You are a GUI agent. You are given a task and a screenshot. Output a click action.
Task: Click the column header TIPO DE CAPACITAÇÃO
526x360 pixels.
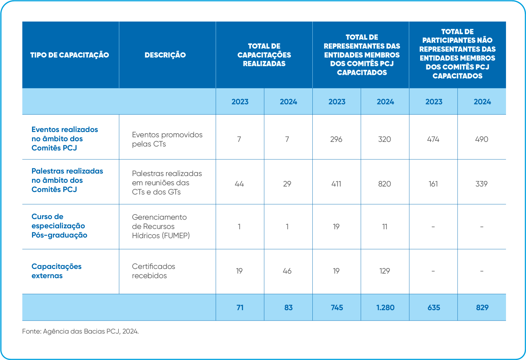[70, 55]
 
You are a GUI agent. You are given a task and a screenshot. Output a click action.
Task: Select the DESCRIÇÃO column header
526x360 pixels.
[165, 55]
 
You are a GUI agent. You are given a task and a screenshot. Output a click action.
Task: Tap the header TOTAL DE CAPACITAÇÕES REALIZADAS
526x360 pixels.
[264, 55]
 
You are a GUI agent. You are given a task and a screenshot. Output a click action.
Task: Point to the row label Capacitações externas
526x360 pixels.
[56, 271]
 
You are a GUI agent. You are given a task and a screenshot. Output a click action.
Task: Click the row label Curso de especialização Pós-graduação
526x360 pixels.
[59, 226]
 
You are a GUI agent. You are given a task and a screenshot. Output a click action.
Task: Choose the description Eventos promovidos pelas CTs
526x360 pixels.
[167, 139]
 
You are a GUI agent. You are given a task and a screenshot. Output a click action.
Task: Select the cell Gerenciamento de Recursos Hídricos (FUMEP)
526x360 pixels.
[161, 226]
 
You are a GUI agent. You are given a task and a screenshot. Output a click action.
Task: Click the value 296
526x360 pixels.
[336, 139]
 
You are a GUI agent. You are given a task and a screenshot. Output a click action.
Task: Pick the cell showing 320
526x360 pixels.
[384, 139]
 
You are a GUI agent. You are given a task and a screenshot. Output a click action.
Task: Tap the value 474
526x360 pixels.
[433, 139]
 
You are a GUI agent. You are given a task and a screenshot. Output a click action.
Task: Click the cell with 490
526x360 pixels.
[481, 139]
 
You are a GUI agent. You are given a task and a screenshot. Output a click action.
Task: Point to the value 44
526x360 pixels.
[239, 184]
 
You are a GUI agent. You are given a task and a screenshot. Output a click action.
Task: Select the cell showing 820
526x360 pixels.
[384, 184]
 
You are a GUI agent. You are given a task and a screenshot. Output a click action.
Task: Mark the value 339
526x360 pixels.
[481, 184]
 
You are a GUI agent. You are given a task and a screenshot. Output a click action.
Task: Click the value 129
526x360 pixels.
[384, 271]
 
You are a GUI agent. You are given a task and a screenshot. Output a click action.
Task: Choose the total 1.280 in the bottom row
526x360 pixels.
[385, 307]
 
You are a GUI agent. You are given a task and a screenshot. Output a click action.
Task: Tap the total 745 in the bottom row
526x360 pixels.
[337, 307]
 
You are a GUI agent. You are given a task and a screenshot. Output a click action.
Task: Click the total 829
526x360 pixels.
[482, 307]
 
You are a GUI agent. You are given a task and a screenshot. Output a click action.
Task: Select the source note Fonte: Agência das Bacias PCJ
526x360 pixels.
[80, 331]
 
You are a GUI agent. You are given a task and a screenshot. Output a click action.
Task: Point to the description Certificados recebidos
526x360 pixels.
[153, 271]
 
